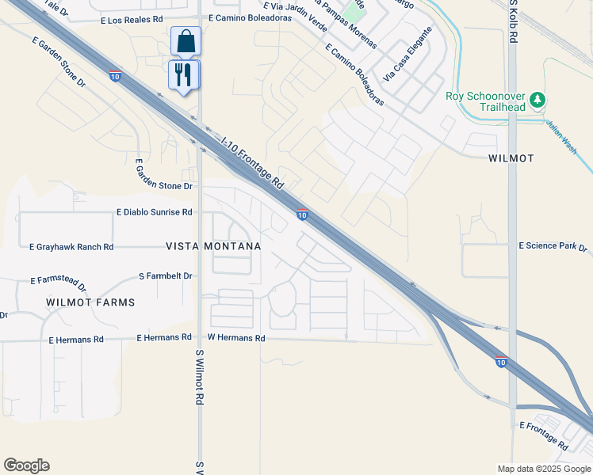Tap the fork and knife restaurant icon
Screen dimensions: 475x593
click(x=184, y=74)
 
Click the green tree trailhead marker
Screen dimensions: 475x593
click(x=538, y=99)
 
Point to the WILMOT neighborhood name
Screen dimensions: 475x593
click(x=511, y=158)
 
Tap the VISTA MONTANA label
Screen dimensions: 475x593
click(x=213, y=247)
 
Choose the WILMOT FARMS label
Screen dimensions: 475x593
click(x=90, y=302)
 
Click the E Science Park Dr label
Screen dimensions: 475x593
click(x=553, y=247)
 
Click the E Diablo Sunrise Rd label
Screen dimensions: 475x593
click(x=154, y=212)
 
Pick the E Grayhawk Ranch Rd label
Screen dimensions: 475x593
click(x=71, y=247)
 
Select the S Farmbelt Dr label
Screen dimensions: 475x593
click(x=165, y=276)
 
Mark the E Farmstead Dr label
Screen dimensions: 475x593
click(x=58, y=281)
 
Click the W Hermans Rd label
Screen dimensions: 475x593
click(x=236, y=338)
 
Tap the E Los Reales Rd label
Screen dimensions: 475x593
click(x=132, y=19)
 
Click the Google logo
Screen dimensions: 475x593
click(x=26, y=465)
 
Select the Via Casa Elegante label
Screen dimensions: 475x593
click(x=407, y=55)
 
